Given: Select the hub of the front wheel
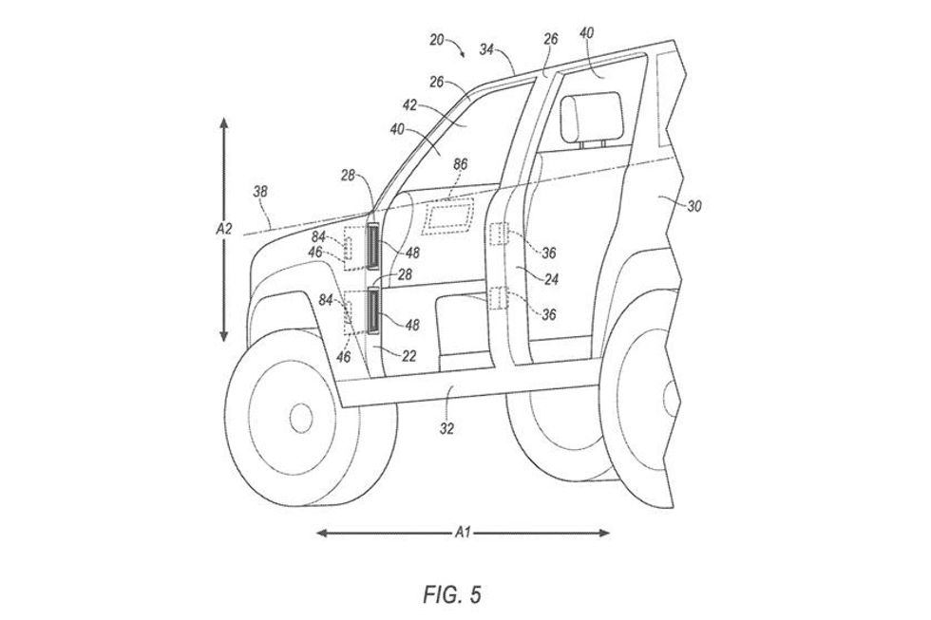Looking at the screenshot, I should tap(299, 415).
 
